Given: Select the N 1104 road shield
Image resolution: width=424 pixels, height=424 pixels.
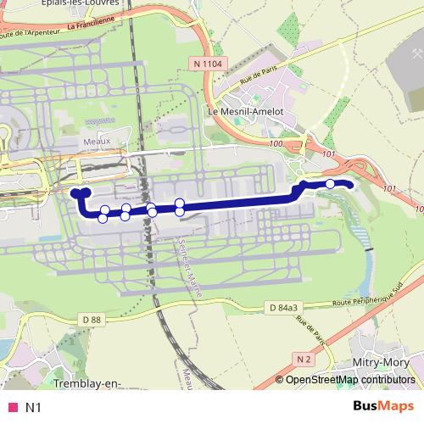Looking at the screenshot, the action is tap(207, 63).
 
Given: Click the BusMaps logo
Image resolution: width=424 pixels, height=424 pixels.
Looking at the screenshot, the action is tap(383, 406).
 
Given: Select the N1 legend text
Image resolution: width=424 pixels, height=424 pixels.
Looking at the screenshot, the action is tap(34, 407).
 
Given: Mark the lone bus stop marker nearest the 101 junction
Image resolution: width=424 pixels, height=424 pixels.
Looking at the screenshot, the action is tap(331, 183).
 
